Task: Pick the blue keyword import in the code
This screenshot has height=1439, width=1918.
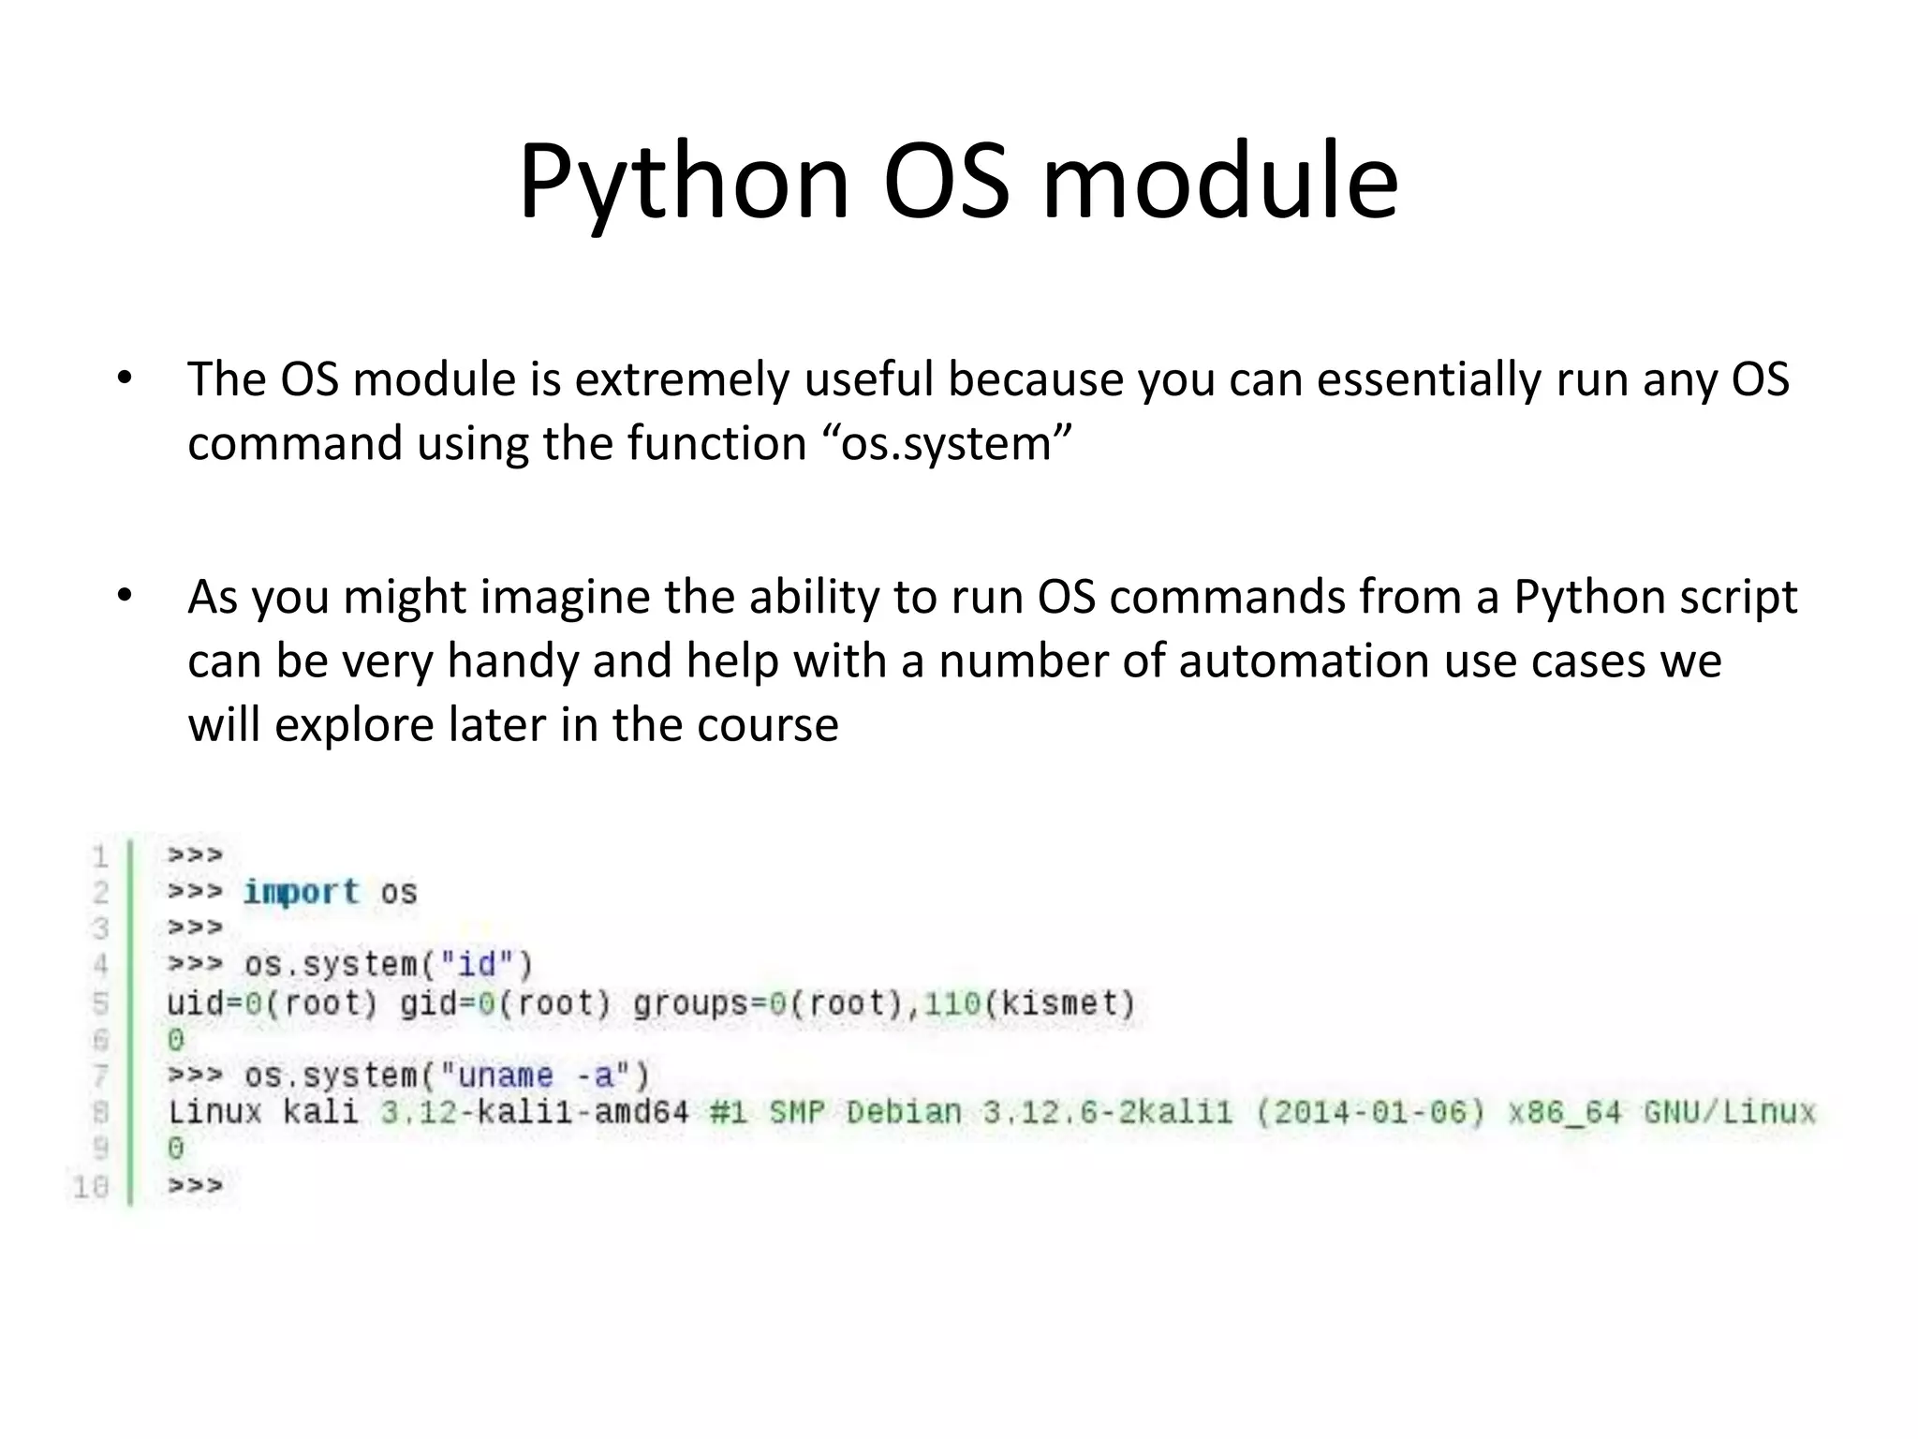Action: coord(301,892)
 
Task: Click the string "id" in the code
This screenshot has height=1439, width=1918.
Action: coord(477,964)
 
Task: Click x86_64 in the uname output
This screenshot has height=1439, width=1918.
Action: coord(1564,1112)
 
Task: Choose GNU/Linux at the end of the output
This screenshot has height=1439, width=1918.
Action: coord(1729,1112)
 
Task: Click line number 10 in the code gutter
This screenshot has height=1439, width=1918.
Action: coord(91,1187)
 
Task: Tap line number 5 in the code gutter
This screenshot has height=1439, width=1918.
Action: coord(100,1003)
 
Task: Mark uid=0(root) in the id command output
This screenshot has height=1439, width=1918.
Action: coord(272,1003)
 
